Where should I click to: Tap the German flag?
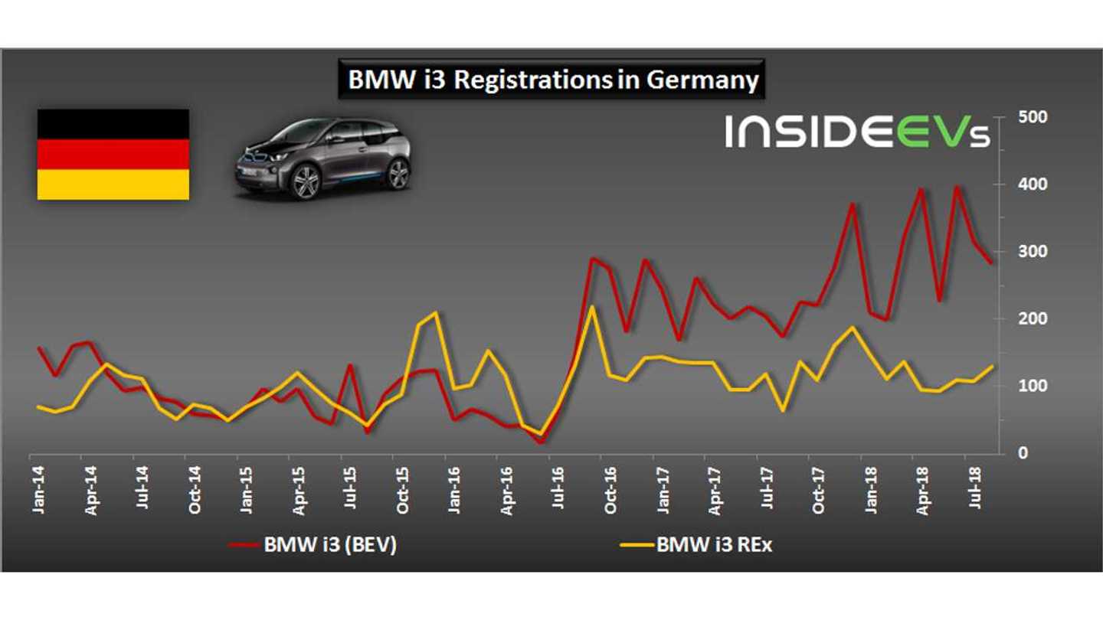[x=113, y=155]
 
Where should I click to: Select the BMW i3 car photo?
[x=322, y=158]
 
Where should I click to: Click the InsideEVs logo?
[x=858, y=132]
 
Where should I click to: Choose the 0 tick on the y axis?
[x=1022, y=453]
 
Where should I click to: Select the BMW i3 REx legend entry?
[x=701, y=545]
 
